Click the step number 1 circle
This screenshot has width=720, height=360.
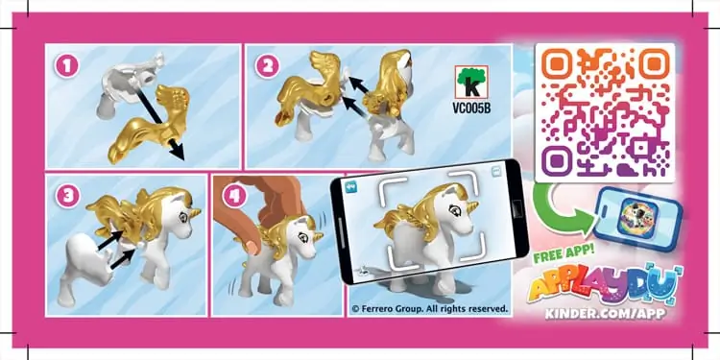65,68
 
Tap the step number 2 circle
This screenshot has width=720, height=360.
266,68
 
